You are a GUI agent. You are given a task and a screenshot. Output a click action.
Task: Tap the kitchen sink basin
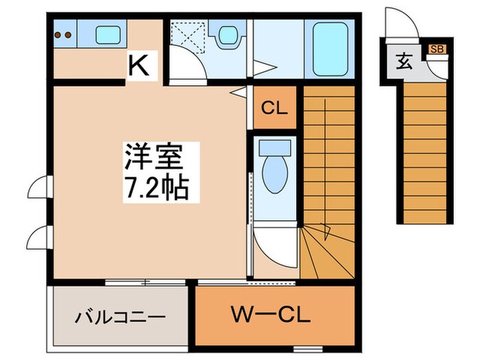(106, 34)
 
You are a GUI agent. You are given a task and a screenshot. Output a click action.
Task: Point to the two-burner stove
(63, 34)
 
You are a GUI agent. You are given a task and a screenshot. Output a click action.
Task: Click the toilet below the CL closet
(276, 171)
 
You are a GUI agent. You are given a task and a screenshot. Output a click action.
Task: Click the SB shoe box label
(435, 49)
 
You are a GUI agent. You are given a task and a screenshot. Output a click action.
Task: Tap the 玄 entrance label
(403, 62)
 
